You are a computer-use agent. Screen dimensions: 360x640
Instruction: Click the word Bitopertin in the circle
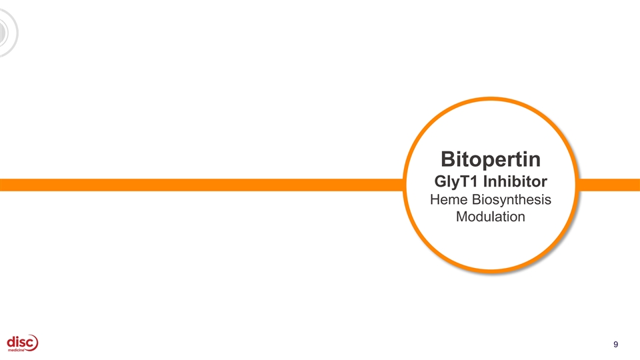pos(490,160)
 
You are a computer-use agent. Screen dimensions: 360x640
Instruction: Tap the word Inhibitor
pos(517,181)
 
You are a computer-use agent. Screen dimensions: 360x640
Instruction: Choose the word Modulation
pos(490,217)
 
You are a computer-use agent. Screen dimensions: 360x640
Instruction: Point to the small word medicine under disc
pos(18,352)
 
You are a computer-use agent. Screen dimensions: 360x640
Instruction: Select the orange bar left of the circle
pos(200,185)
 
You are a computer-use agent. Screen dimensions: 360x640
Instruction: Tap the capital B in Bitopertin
pos(448,160)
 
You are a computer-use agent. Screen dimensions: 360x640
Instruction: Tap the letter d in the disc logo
pos(11,342)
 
